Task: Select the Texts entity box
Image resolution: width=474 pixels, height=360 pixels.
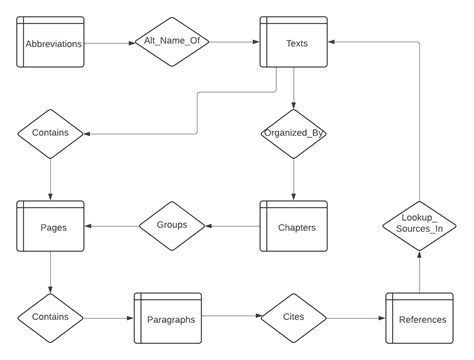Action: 294,43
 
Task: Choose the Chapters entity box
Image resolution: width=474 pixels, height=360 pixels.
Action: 294,226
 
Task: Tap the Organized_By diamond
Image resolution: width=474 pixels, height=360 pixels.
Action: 294,133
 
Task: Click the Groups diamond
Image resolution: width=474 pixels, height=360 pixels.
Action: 171,226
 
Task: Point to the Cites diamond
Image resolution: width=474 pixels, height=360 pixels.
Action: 294,318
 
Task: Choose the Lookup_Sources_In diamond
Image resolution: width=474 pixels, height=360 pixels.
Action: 420,222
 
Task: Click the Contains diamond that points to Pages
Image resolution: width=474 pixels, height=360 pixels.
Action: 50,133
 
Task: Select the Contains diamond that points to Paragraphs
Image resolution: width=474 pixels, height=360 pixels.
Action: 50,318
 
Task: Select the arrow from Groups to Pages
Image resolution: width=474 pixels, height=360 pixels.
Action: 110,226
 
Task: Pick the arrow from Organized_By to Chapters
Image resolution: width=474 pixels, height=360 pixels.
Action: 294,180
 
